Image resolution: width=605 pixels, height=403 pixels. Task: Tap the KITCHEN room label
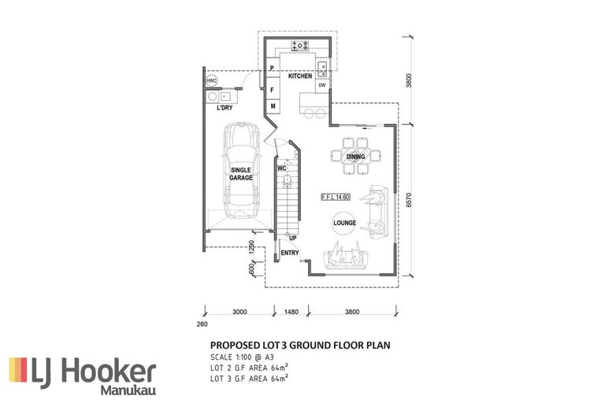(x=300, y=76)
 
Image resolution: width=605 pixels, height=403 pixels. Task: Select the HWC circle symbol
(x=211, y=81)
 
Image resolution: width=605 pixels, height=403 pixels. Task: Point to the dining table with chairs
(x=355, y=156)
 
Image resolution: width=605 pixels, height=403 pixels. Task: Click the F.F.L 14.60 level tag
(x=336, y=196)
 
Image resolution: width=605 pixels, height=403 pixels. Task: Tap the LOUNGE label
(x=344, y=223)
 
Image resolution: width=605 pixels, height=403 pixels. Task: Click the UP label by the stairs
(x=292, y=238)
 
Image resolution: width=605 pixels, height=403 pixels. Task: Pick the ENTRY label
(x=290, y=253)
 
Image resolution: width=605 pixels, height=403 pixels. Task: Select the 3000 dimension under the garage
(x=240, y=312)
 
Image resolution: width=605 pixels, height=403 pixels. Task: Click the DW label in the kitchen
(x=321, y=85)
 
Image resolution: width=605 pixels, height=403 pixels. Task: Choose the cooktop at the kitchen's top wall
(x=300, y=46)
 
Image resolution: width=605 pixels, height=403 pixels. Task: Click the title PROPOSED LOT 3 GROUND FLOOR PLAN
(x=300, y=345)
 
